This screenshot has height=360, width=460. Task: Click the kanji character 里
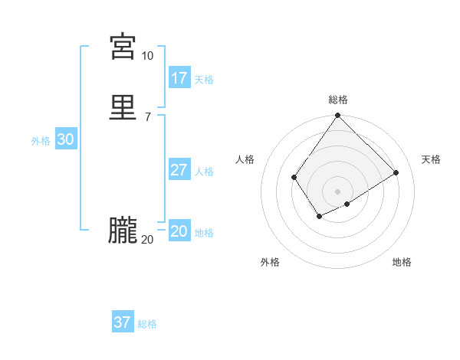coord(123,108)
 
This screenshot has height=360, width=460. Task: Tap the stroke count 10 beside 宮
coord(147,56)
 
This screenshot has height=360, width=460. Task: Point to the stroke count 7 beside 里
coord(147,116)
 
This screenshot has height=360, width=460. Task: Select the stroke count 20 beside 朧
coord(147,240)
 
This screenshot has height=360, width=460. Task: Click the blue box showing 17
coord(179,78)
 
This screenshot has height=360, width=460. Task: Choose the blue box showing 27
coord(179,170)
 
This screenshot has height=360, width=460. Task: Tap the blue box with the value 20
coord(179,231)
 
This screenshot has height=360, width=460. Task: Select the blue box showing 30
coord(65,139)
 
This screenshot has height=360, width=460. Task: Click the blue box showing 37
coord(123,322)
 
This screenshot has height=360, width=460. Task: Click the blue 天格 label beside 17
coord(204,80)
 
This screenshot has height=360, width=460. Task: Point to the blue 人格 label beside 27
coord(204,172)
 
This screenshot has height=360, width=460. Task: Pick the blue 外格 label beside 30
coord(41,141)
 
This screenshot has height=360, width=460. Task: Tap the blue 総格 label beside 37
coord(147,324)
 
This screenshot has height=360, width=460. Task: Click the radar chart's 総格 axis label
coord(338,100)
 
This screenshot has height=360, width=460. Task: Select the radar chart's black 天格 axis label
coord(431,159)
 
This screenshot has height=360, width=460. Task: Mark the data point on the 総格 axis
coord(338,116)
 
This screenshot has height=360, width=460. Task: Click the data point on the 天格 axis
coord(396,172)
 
